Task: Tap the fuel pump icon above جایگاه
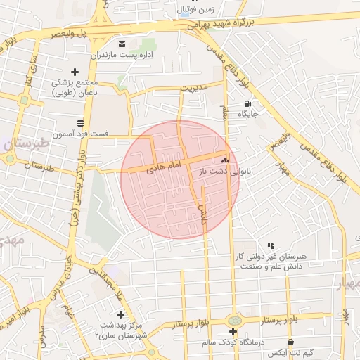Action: pyautogui.click(x=247, y=103)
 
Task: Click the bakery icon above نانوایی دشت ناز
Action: pyautogui.click(x=226, y=160)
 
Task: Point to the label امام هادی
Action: pyautogui.click(x=164, y=166)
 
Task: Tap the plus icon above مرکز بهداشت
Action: pyautogui.click(x=120, y=314)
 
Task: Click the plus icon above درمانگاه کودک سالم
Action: pyautogui.click(x=233, y=331)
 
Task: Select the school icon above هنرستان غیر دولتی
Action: pyautogui.click(x=271, y=245)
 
